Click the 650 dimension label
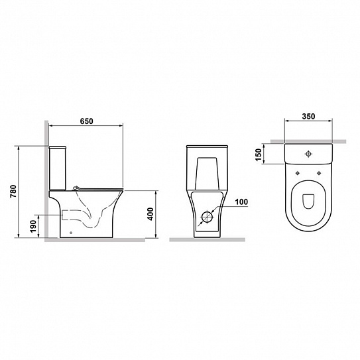tap(87, 121)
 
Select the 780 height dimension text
tap(13, 191)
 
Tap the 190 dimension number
tap(33, 226)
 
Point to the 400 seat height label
tap(150, 214)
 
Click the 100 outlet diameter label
tap(241, 202)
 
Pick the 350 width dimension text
tap(308, 117)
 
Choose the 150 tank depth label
tap(259, 154)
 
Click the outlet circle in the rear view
tap(207, 217)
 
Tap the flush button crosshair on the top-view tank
tap(308, 154)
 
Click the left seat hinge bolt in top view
tap(298, 173)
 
